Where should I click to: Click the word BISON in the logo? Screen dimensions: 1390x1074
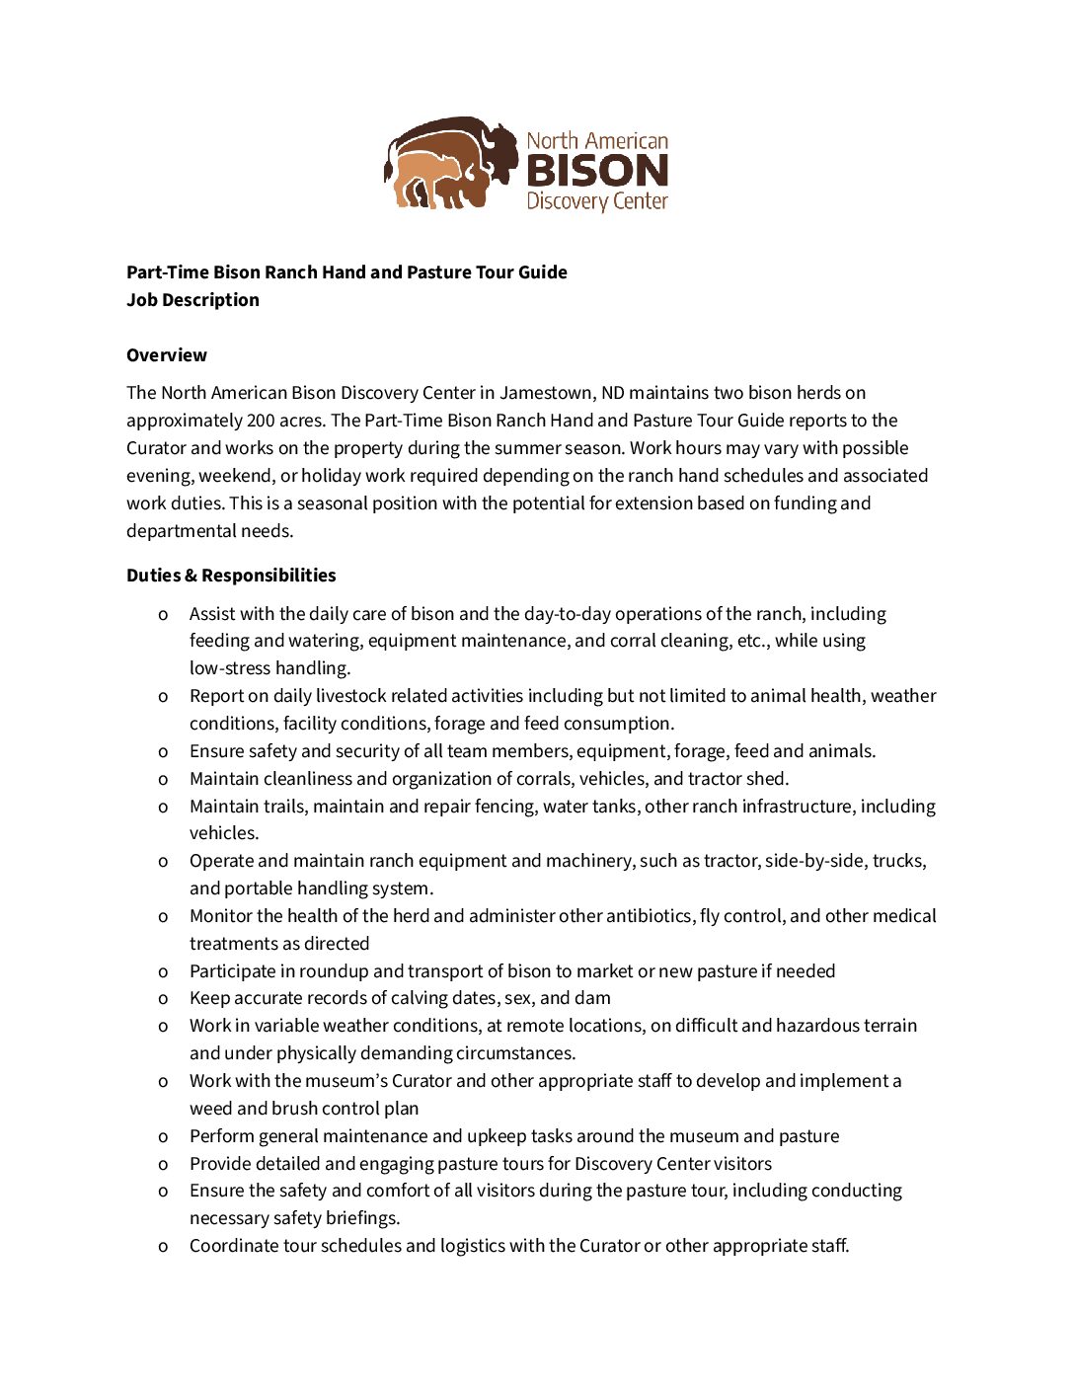pos(597,171)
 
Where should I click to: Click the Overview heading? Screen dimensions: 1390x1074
pos(167,355)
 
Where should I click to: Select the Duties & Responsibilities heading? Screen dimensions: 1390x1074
pos(231,576)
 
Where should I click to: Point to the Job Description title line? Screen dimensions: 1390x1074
pos(192,300)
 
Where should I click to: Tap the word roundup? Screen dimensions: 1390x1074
pos(334,971)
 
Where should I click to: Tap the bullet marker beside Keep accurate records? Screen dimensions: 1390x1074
pos(163,999)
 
